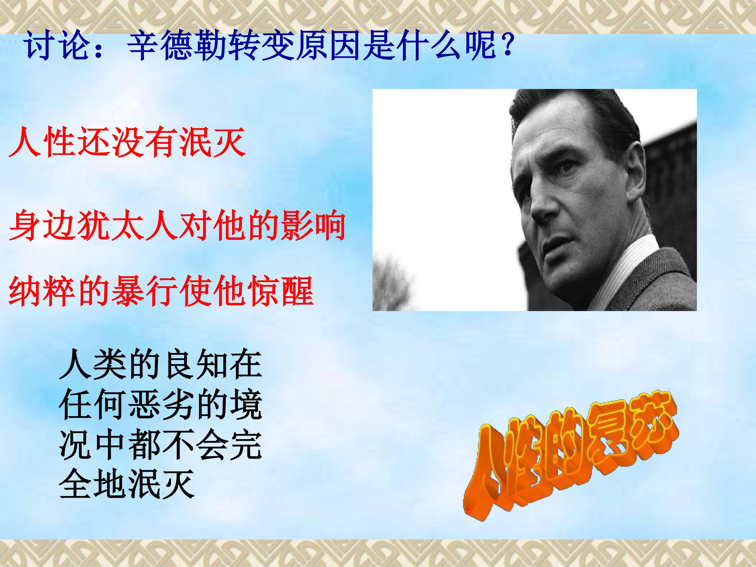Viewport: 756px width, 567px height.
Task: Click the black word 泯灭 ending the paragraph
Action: point(161,484)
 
